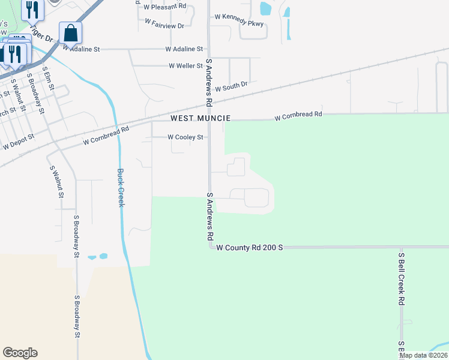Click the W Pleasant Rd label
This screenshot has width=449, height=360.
click(165, 8)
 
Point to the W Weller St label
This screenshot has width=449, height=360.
click(186, 65)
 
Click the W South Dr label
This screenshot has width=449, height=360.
click(231, 88)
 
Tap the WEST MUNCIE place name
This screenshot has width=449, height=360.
click(200, 119)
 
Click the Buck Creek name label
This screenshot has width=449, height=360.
click(120, 188)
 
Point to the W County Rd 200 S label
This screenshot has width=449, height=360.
click(249, 247)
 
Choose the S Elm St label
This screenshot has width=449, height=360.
click(48, 79)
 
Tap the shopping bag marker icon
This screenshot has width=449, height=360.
click(70, 34)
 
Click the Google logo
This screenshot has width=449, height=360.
click(20, 353)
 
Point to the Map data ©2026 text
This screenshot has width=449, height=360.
click(423, 355)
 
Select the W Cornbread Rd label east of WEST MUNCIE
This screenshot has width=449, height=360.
click(298, 114)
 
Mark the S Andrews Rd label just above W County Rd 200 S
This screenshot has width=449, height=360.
click(211, 216)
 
